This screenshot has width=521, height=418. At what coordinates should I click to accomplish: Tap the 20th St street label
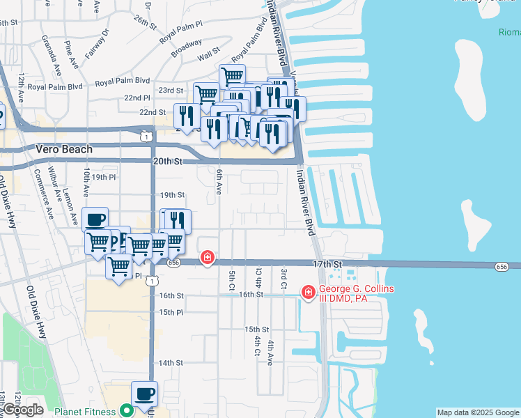(x=167, y=161)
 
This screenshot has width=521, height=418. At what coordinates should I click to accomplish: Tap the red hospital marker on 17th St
(x=207, y=258)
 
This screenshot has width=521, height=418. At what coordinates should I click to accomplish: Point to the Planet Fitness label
(x=87, y=412)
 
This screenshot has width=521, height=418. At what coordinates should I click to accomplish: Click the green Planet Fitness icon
(x=125, y=412)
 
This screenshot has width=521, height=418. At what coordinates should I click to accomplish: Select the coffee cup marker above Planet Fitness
(x=144, y=394)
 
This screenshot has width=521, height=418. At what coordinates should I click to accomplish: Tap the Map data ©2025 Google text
(x=477, y=412)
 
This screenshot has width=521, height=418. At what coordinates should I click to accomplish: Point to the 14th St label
(x=171, y=363)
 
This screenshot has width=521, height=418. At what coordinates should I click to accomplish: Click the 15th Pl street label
(x=171, y=312)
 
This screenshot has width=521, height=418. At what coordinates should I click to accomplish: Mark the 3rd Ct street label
(x=283, y=278)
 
